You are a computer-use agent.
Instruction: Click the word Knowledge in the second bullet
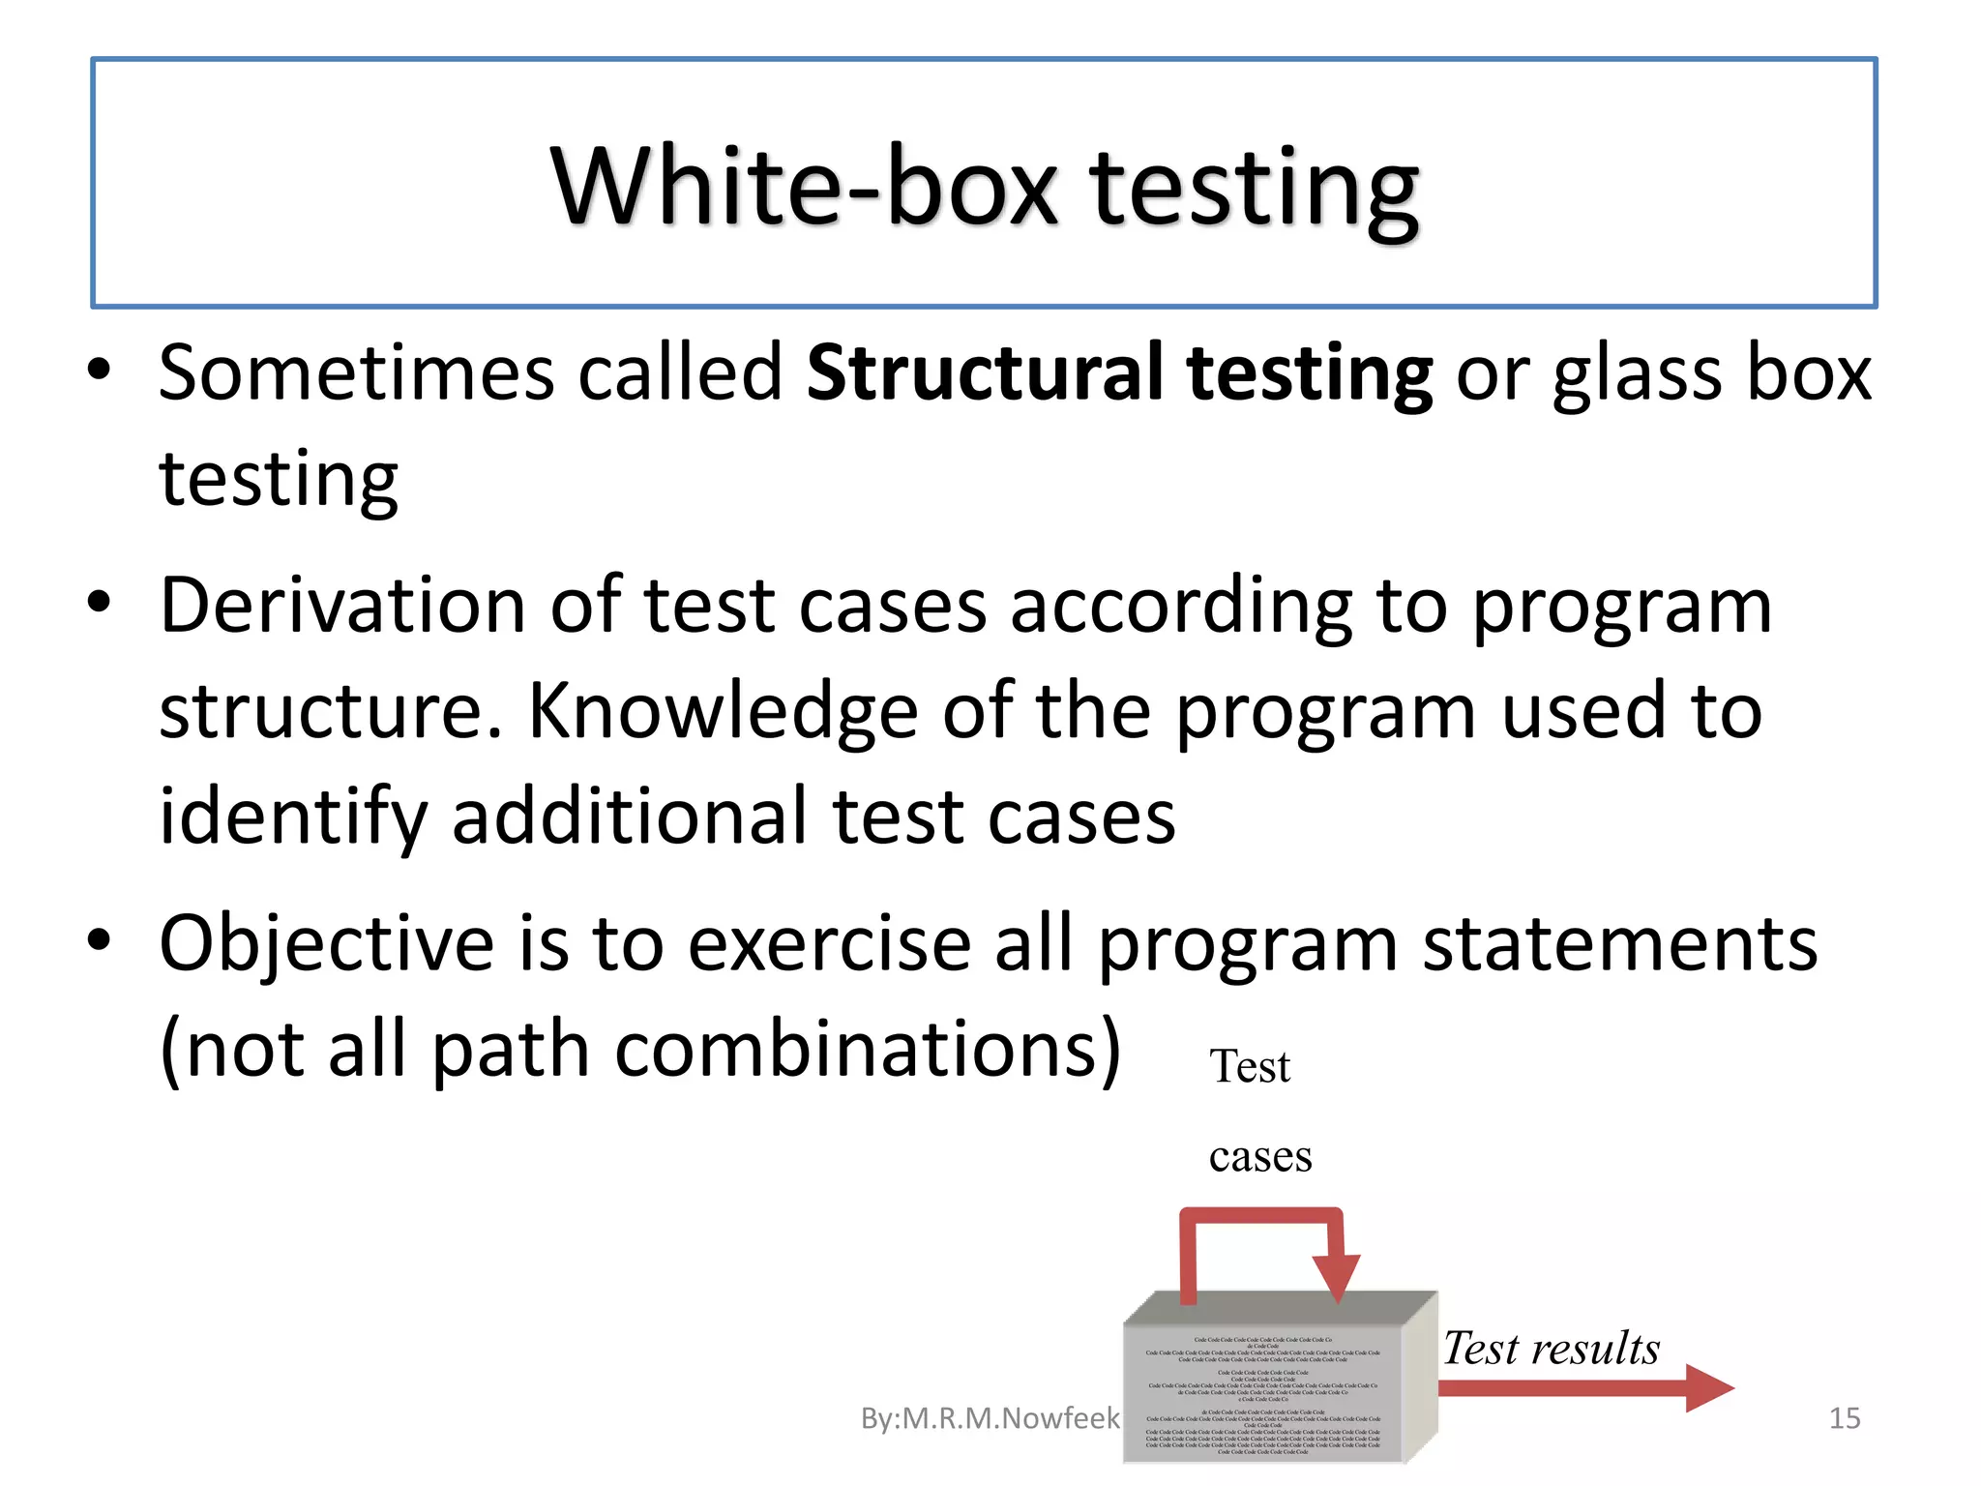click(722, 712)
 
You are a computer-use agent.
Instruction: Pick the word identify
click(292, 818)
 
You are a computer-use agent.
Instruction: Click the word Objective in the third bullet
click(327, 944)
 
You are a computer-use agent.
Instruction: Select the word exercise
click(828, 944)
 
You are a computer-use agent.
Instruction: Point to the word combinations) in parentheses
click(868, 1051)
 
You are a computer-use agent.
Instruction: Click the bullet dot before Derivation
click(99, 602)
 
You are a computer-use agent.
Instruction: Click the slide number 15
click(1844, 1418)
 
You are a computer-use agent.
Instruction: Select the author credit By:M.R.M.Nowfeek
click(989, 1418)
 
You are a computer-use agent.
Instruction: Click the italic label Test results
click(1551, 1348)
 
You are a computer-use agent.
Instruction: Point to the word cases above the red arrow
click(1259, 1157)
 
